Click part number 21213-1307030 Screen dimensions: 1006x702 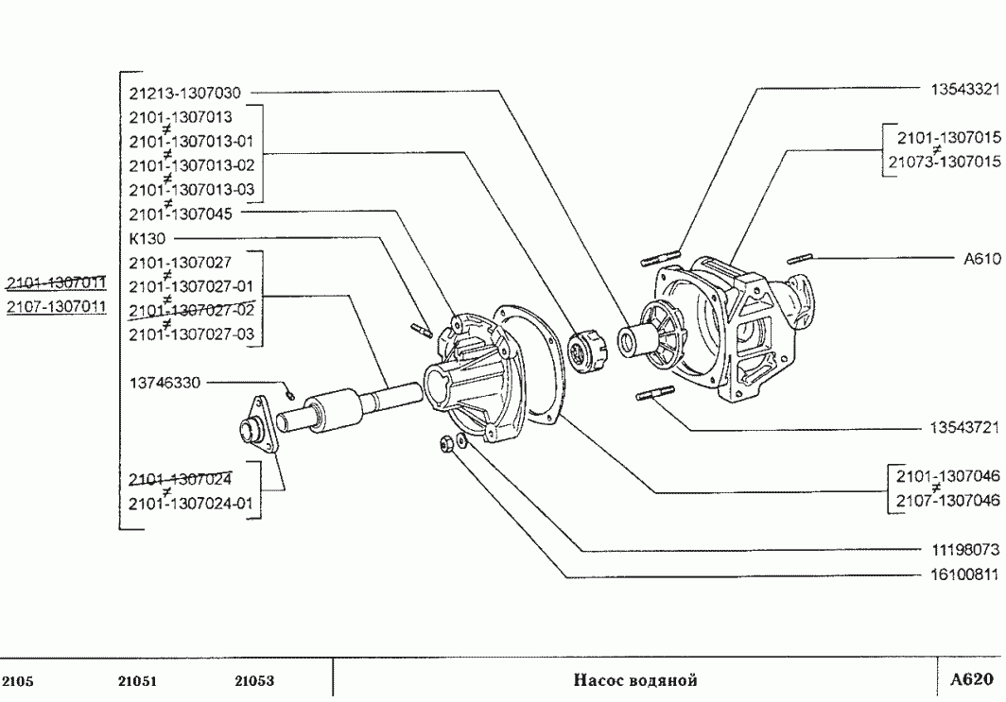pos(184,94)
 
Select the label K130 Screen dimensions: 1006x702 pos(147,238)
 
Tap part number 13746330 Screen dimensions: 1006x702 pos(165,383)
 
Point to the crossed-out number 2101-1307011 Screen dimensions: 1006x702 pos(57,283)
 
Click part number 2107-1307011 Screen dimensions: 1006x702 pos(57,306)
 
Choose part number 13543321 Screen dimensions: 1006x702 pos(965,89)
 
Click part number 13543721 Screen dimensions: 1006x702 pos(965,428)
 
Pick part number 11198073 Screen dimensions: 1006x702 pos(965,550)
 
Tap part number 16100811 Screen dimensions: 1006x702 pos(965,575)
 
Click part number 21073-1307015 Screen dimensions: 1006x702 pos(945,162)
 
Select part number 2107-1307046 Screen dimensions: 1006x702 pos(948,500)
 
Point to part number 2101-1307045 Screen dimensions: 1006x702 pos(181,214)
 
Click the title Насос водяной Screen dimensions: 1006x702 pos(635,679)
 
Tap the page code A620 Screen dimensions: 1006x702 pos(971,679)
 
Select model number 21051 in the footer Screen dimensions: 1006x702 pos(137,681)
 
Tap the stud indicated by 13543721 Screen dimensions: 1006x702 pos(655,393)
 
